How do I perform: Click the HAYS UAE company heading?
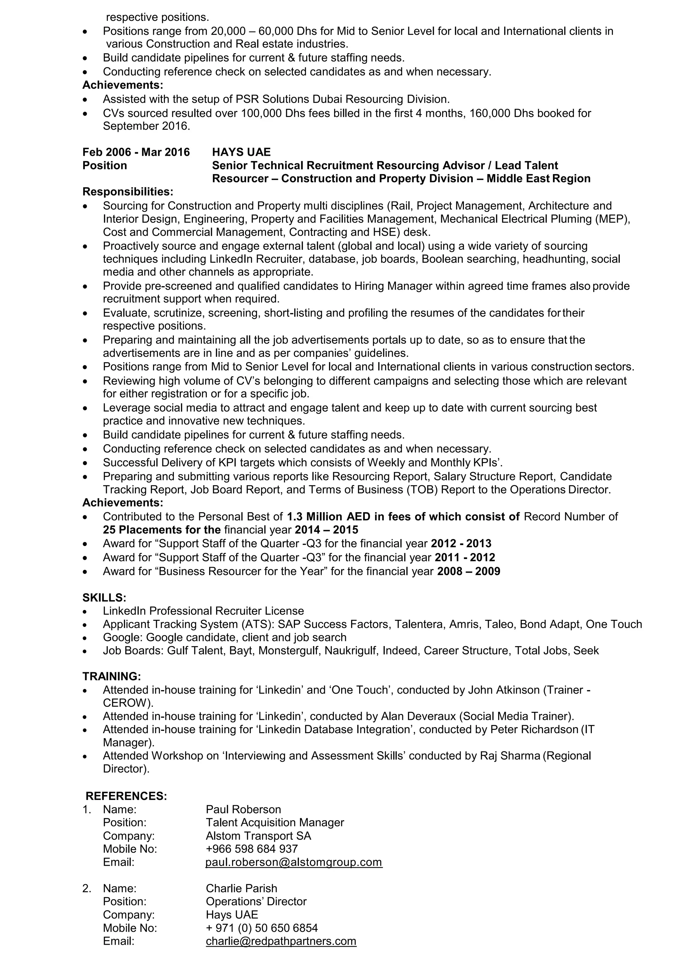coord(241,152)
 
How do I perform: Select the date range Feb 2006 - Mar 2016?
coord(136,152)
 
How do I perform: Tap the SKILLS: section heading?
coord(104,598)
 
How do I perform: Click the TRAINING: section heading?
coord(111,676)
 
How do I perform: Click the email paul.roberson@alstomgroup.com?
coord(294,862)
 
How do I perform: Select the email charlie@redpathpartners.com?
coord(281,941)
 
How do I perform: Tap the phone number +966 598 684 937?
coord(252,848)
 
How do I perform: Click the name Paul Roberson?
coord(243,809)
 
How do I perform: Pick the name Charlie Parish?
coord(241,888)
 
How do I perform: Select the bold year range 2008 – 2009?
coord(469,571)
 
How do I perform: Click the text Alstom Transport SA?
coord(258,835)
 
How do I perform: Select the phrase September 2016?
coord(146,126)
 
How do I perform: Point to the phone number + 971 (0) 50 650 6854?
coord(262,928)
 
